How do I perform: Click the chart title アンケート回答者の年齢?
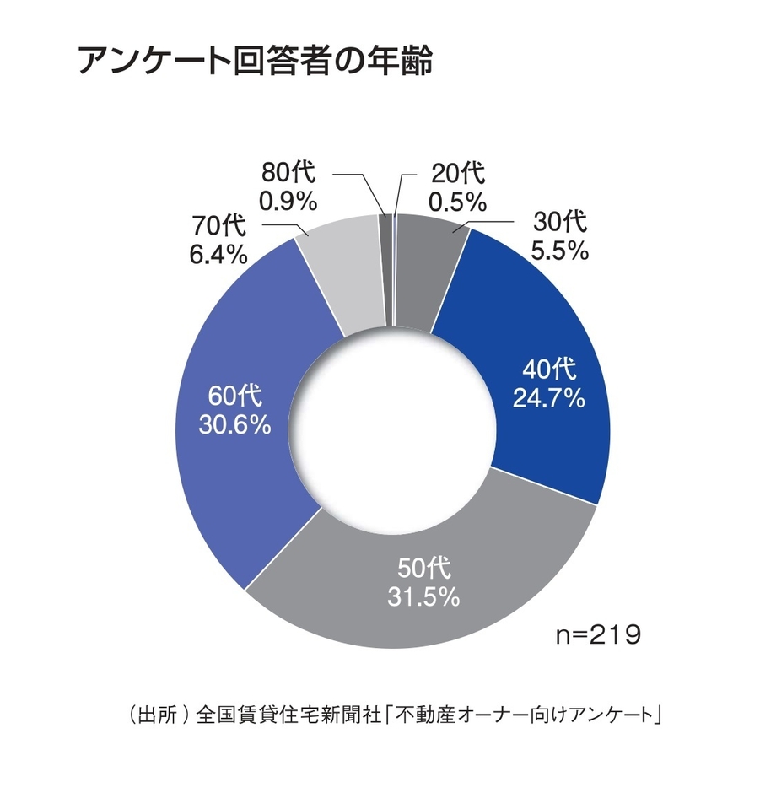point(254,61)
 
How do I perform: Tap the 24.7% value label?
point(548,397)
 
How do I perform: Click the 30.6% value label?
point(234,425)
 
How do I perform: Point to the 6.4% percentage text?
point(218,253)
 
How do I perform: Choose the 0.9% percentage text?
point(288,202)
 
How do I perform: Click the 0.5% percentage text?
point(458,202)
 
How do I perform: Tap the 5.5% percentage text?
point(559,251)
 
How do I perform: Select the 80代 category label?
point(288,174)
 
